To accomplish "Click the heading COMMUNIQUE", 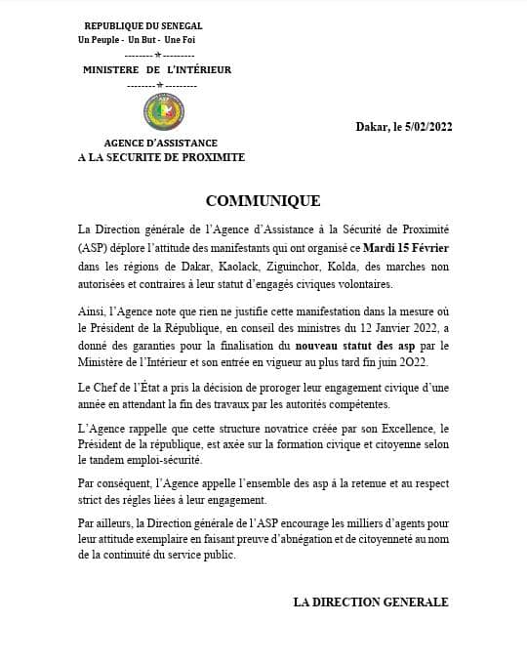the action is [263, 201].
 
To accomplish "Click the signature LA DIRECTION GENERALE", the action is [371, 602].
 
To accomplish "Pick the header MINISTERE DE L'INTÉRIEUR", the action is [157, 70].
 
